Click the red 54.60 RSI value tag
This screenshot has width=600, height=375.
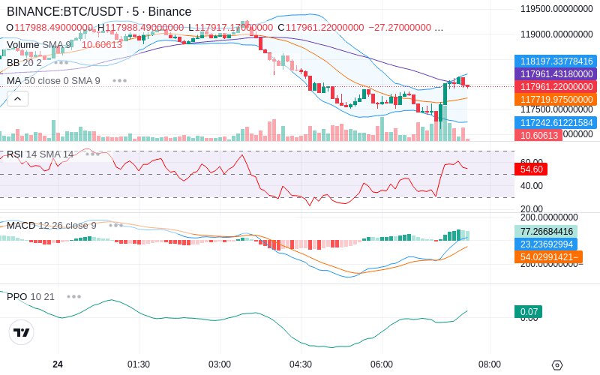tap(530, 169)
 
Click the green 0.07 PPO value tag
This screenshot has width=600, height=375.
tap(527, 312)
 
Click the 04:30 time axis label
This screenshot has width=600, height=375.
tap(301, 364)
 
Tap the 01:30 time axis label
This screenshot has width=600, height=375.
tap(139, 364)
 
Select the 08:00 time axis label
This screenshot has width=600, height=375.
tap(490, 364)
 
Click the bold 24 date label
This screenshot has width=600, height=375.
tap(58, 364)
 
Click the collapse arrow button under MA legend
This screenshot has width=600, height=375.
tap(17, 98)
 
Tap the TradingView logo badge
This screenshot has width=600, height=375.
tap(22, 332)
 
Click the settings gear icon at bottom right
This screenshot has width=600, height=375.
tap(556, 365)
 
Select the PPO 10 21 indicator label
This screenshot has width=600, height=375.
tap(31, 296)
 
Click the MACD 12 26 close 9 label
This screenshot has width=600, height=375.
tap(52, 225)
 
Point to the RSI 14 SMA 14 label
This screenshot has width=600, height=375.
tap(40, 154)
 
